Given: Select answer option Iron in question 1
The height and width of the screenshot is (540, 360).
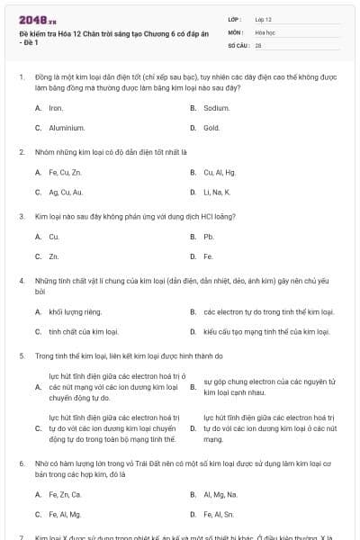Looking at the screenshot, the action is pyautogui.click(x=56, y=108).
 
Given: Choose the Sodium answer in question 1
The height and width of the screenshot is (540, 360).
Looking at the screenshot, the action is pyautogui.click(x=216, y=108).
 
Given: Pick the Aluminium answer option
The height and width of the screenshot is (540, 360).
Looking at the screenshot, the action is pyautogui.click(x=67, y=128).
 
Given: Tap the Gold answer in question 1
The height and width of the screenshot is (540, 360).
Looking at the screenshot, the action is pyautogui.click(x=211, y=128).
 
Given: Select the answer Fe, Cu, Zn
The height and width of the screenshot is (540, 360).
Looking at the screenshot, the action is pyautogui.click(x=65, y=172).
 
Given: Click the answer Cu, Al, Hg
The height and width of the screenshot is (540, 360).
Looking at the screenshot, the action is pyautogui.click(x=219, y=172).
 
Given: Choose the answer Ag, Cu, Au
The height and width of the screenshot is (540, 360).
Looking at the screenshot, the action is pyautogui.click(x=66, y=192).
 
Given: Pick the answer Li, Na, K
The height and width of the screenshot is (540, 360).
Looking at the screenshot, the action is pyautogui.click(x=217, y=192).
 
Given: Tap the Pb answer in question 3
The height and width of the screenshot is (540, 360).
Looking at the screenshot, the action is pyautogui.click(x=208, y=237).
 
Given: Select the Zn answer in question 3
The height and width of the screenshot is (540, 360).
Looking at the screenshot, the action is pyautogui.click(x=54, y=256).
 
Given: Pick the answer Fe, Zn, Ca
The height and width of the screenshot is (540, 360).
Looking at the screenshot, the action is pyautogui.click(x=65, y=494).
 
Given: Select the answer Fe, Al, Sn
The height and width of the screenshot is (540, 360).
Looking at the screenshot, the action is pyautogui.click(x=218, y=514).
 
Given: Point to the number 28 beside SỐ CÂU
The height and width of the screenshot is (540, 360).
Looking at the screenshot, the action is pyautogui.click(x=258, y=44).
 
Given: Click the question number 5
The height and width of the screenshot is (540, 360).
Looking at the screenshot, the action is pyautogui.click(x=21, y=355).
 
